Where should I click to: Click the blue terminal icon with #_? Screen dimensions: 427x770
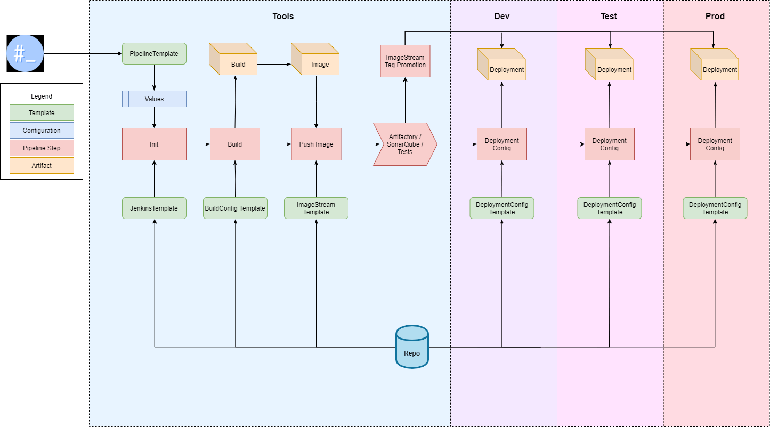(25, 54)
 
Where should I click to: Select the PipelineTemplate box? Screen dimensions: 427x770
(154, 54)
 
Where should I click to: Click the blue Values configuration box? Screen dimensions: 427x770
(154, 99)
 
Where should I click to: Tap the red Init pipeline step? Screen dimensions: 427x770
(154, 144)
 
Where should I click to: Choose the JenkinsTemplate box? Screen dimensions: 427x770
(154, 208)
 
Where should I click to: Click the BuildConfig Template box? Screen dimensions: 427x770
(235, 208)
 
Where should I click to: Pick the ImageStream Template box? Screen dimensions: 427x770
(316, 208)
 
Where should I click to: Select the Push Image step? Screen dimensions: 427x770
(316, 144)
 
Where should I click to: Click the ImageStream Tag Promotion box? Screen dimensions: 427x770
(405, 61)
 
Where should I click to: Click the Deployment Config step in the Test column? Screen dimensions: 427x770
(609, 144)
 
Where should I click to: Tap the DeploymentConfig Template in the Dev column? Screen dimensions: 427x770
(501, 208)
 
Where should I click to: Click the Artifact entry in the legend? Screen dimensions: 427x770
(42, 166)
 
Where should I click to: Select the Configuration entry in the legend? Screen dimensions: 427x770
(42, 131)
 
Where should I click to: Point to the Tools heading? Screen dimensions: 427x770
(283, 16)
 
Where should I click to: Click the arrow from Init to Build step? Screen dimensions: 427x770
(198, 144)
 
